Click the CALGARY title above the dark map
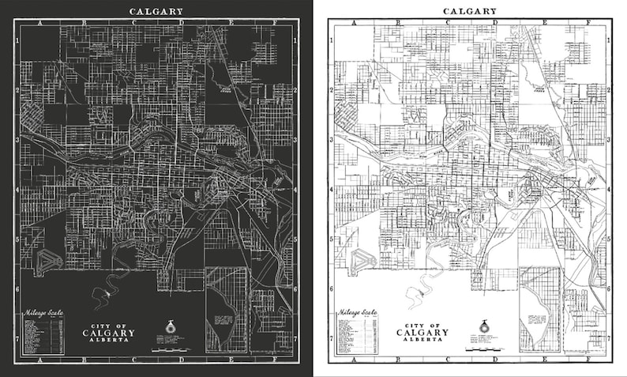point(156,11)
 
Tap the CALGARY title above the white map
point(469,11)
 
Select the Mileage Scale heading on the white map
point(355,313)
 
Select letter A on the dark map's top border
point(39,22)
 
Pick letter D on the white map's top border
point(494,22)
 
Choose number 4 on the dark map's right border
point(296,189)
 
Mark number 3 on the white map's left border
point(329,139)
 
